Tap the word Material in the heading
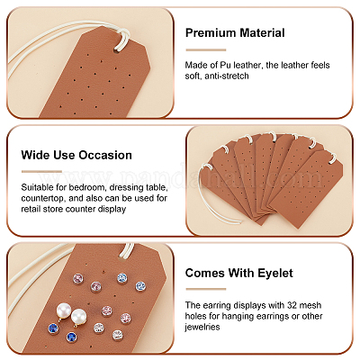260,32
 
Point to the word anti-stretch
227,76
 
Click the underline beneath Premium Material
206,50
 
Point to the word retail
31,209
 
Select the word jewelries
202,327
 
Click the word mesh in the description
311,305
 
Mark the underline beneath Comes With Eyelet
206,289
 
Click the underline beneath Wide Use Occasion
41,172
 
